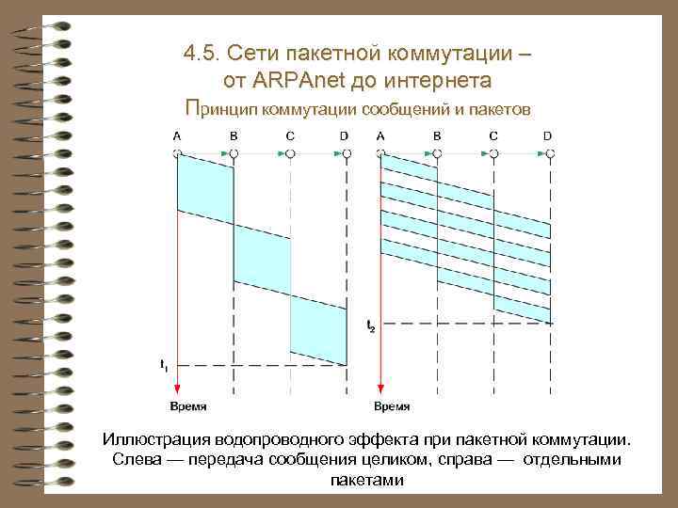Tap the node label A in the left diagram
coord(177,136)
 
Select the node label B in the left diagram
coord(234,136)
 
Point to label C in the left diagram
coord(290,136)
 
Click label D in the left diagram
coord(345,136)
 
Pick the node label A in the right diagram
coord(379,136)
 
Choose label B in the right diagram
coord(437,136)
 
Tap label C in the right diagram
coord(493,136)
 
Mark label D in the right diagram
coord(548,136)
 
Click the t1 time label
coord(164,363)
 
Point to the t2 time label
coord(370,325)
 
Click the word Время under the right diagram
coord(392,406)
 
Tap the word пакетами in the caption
coord(367,480)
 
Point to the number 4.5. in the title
coord(203,54)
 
